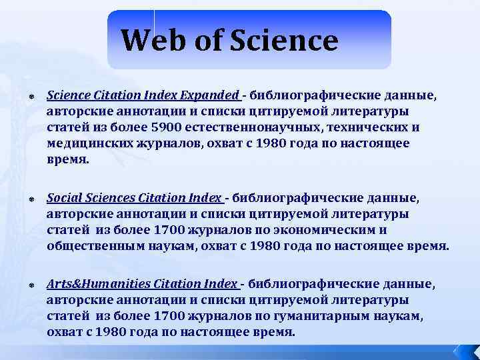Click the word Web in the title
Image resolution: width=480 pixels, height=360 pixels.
(x=153, y=41)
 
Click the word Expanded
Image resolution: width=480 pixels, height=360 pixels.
(x=209, y=95)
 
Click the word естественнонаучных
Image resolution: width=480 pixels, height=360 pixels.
(x=251, y=127)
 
